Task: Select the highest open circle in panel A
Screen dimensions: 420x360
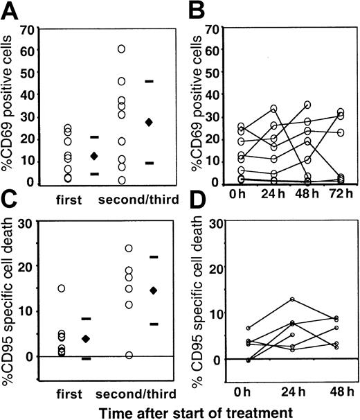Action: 121,49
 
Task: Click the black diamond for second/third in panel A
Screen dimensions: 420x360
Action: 149,123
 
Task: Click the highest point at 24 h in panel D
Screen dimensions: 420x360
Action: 293,299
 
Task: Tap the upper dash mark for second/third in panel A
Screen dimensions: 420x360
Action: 149,82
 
